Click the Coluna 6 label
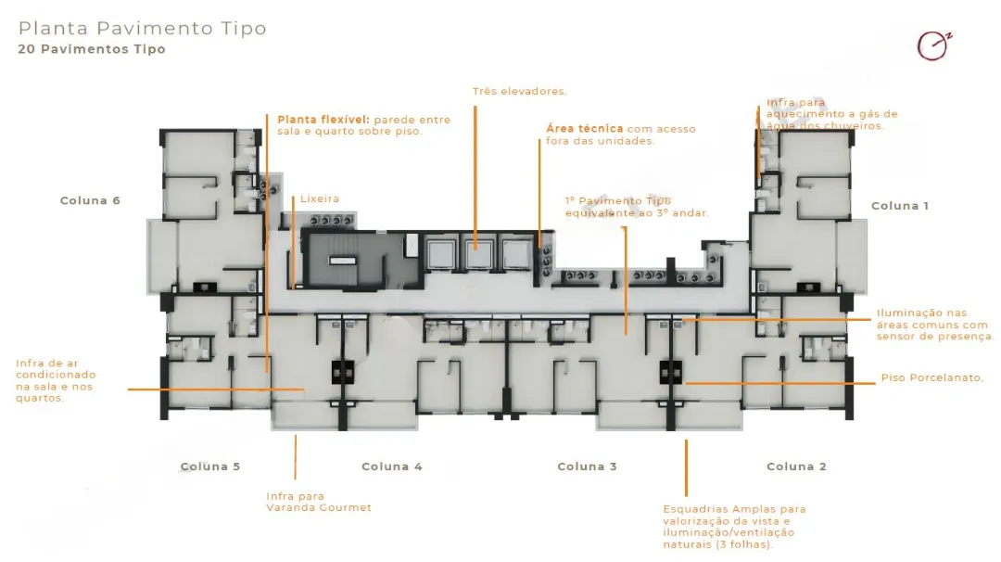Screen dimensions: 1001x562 point(90,200)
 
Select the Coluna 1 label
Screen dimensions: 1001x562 point(900,206)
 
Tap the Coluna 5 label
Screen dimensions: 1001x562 point(210,466)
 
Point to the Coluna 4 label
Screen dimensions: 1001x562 point(392,466)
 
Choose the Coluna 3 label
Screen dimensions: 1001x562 point(588,466)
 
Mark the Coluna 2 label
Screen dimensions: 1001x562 point(797,466)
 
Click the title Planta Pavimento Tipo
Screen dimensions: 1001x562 point(143,28)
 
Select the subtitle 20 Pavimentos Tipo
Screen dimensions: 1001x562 point(92,49)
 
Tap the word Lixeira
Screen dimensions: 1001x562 point(320,199)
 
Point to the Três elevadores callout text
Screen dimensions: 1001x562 point(520,91)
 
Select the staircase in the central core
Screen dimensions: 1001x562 point(344,260)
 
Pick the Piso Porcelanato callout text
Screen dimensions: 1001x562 point(932,377)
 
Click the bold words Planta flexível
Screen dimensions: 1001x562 point(323,120)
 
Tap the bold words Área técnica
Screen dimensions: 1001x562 point(584,128)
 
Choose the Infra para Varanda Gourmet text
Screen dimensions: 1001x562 point(319,502)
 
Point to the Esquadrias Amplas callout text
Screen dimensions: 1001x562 point(734,527)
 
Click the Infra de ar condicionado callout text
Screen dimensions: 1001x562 point(56,380)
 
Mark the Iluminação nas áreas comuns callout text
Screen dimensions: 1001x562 point(935,325)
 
